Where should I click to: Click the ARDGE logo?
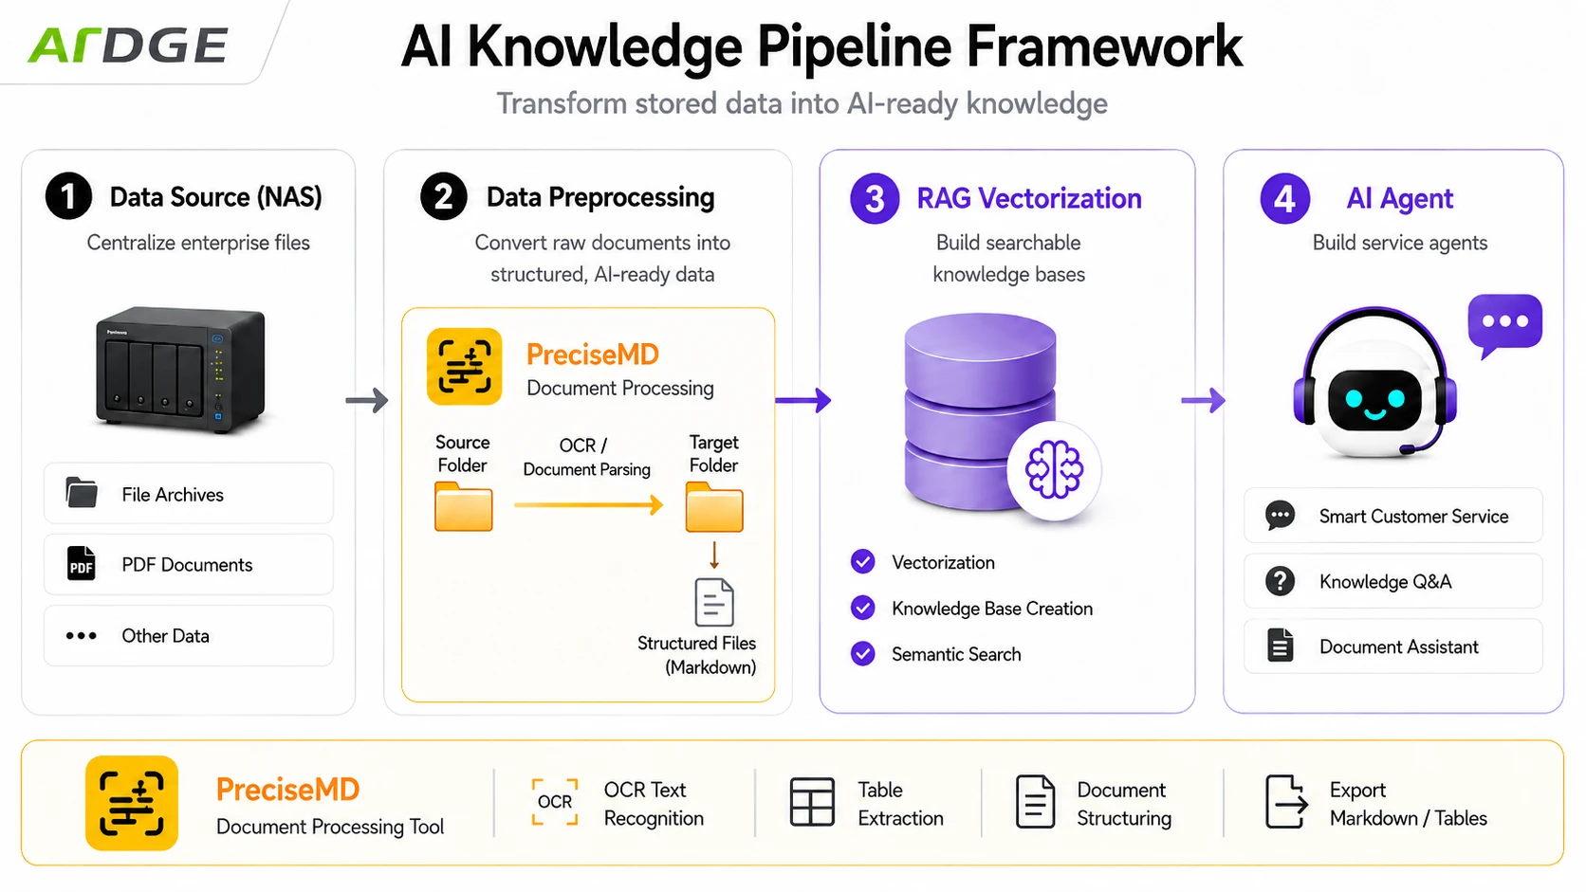128,45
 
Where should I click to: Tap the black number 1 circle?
68,196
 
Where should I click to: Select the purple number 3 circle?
875,198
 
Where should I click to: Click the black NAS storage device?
181,370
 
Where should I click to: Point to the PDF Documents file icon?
81,564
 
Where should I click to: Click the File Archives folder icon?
82,492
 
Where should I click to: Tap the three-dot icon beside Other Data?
82,635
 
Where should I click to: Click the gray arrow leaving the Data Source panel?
367,400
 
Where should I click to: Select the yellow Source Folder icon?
464,506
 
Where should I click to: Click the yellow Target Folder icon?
714,506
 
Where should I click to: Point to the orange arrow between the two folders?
588,504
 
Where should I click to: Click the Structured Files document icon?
714,602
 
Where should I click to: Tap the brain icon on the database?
1054,469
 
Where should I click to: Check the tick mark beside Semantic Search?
862,654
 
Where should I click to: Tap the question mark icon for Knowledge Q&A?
1281,581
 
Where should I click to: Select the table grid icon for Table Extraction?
812,801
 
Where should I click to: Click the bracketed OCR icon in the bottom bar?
555,802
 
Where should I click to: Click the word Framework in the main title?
1104,46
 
